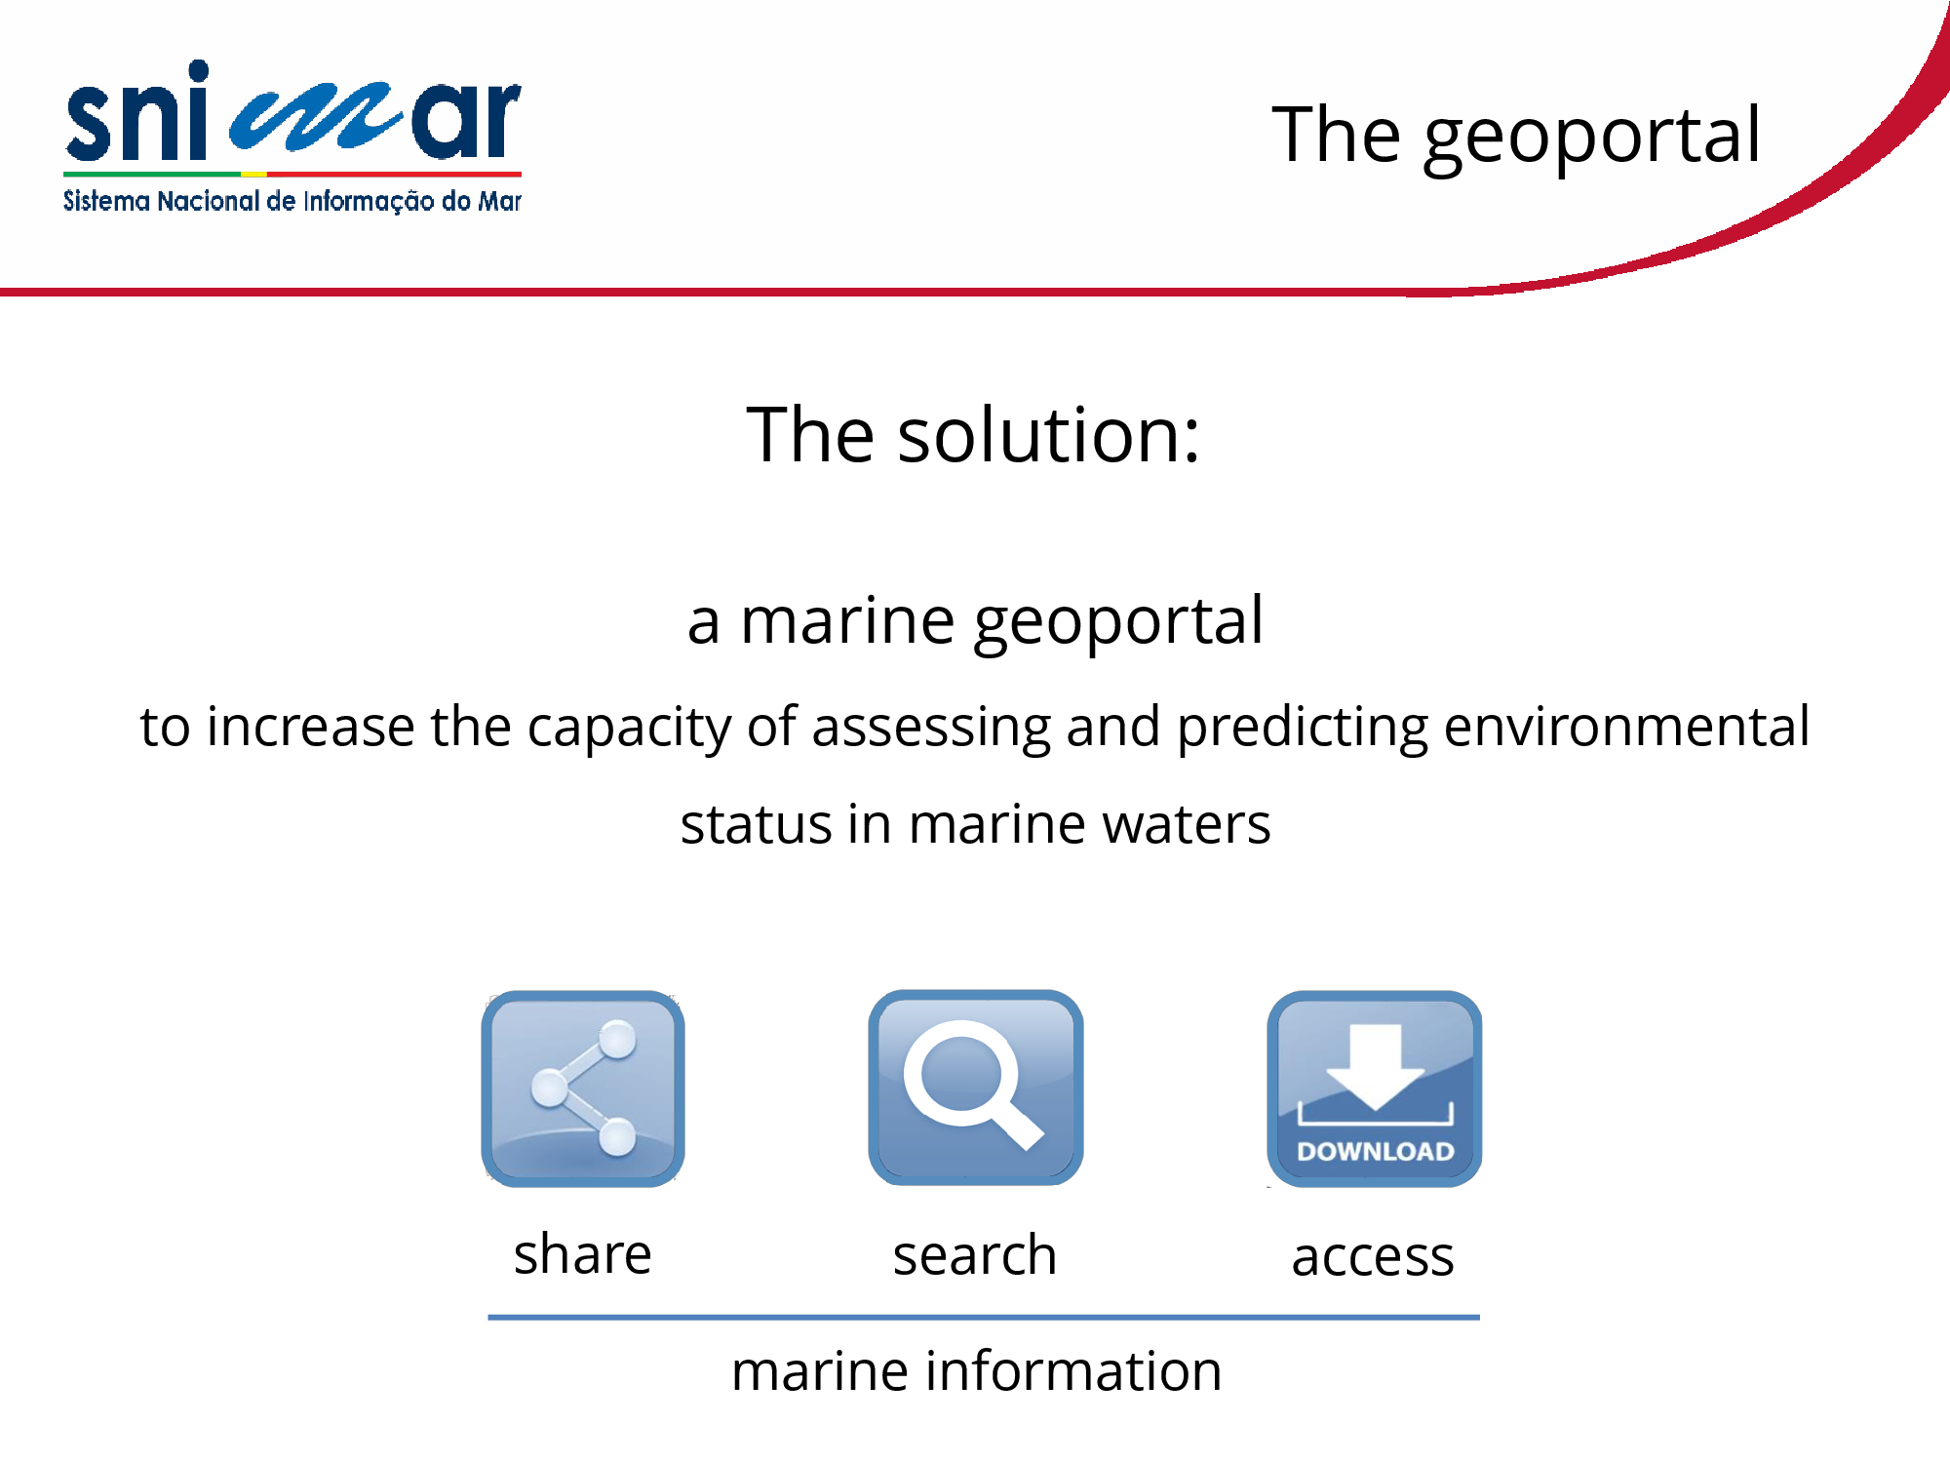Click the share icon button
click(x=583, y=1088)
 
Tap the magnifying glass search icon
click(x=975, y=1087)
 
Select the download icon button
click(x=1375, y=1088)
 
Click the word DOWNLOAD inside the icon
click(x=1375, y=1152)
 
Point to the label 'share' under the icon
click(x=583, y=1254)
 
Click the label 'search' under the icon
click(x=975, y=1255)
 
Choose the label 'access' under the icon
click(x=1373, y=1257)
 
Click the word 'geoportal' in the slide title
click(x=1592, y=138)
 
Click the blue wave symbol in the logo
click(x=316, y=115)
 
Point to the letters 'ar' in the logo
click(x=466, y=120)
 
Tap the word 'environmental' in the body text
click(x=1627, y=728)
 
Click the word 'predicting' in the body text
click(x=1303, y=729)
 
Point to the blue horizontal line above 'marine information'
click(x=984, y=1318)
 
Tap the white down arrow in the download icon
click(x=1375, y=1066)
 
